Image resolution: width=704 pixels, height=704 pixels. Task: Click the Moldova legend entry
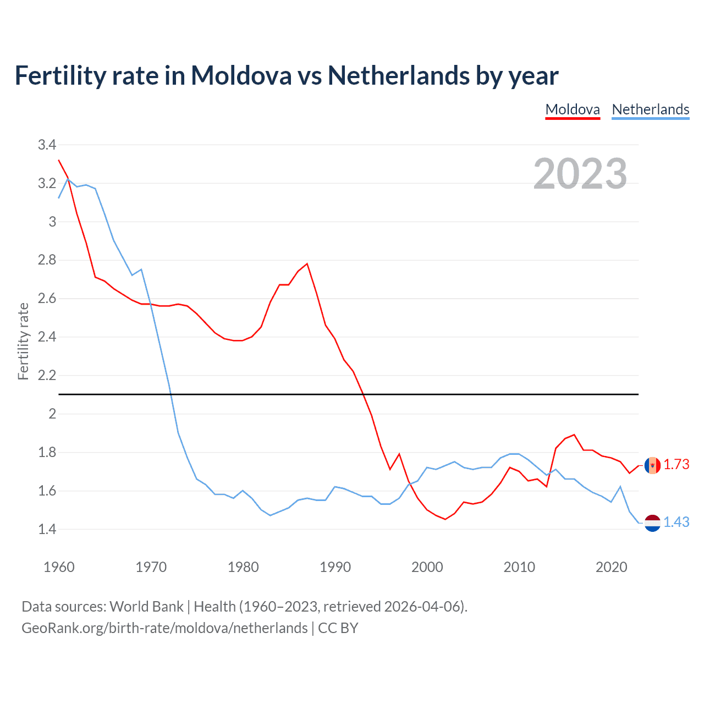(x=572, y=109)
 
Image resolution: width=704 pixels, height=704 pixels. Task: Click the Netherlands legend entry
(x=650, y=109)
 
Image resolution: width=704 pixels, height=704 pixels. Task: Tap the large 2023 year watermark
(x=580, y=174)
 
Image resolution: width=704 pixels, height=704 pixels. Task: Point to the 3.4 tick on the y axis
(x=47, y=145)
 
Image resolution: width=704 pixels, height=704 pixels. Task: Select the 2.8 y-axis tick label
(x=47, y=260)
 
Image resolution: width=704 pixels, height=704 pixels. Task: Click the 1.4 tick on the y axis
(x=47, y=529)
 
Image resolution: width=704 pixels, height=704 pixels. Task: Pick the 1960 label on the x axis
(x=59, y=567)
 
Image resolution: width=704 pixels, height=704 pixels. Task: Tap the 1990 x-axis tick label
(x=335, y=567)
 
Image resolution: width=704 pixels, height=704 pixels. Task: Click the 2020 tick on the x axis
(x=611, y=567)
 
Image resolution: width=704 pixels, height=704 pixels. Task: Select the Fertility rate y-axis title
(x=23, y=341)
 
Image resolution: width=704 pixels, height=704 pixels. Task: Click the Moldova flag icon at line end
(x=652, y=465)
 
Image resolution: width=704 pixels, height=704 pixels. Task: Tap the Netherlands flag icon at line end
(x=652, y=523)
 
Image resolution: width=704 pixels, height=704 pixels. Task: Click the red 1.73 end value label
(x=676, y=465)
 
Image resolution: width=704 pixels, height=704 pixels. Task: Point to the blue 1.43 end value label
(x=676, y=522)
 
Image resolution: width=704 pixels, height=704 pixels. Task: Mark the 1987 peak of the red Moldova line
(x=307, y=263)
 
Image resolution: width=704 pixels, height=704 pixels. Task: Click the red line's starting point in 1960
(x=59, y=160)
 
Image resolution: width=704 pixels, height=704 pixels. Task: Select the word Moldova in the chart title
(x=241, y=75)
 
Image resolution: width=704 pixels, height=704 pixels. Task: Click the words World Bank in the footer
(x=146, y=607)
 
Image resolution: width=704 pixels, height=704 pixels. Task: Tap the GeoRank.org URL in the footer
(x=164, y=628)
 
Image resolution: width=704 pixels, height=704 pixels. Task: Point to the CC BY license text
(x=338, y=628)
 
